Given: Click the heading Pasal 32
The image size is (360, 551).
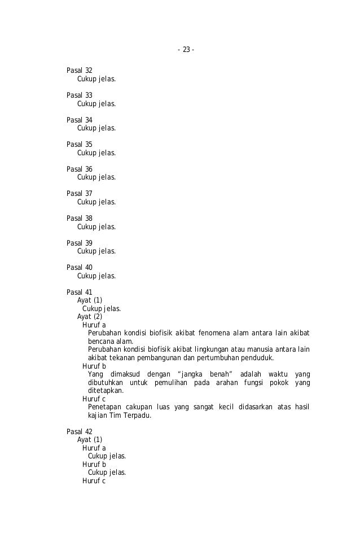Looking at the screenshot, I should coord(80,71).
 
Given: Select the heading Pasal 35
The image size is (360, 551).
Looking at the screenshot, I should coord(80,145).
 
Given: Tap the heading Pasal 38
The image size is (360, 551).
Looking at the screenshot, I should coord(80,218).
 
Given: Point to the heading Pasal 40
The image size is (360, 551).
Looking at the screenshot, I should coord(80,268).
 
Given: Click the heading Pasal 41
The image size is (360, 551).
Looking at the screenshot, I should coord(80,292).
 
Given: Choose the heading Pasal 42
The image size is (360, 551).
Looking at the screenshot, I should coord(80,432).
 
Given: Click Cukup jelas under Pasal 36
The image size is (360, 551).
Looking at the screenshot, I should coord(96,177).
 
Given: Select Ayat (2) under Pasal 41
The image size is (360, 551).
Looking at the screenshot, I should coord(90,317).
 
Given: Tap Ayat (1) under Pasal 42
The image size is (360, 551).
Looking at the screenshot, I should coord(90,440).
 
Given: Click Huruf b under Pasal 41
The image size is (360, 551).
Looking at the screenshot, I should coord(94,366).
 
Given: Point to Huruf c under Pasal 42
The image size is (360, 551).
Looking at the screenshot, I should coord(94,481).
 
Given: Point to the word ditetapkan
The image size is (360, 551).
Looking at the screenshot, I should coord(106,391).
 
